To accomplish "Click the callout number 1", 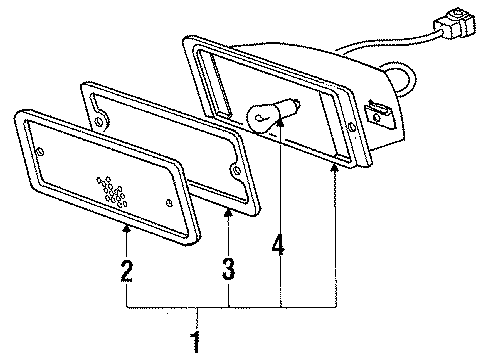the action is (x=196, y=344).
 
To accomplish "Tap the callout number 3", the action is (x=228, y=268).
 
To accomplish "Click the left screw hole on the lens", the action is (x=43, y=151).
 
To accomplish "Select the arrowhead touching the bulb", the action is (x=281, y=122).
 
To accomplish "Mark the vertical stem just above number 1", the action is (x=196, y=319).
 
